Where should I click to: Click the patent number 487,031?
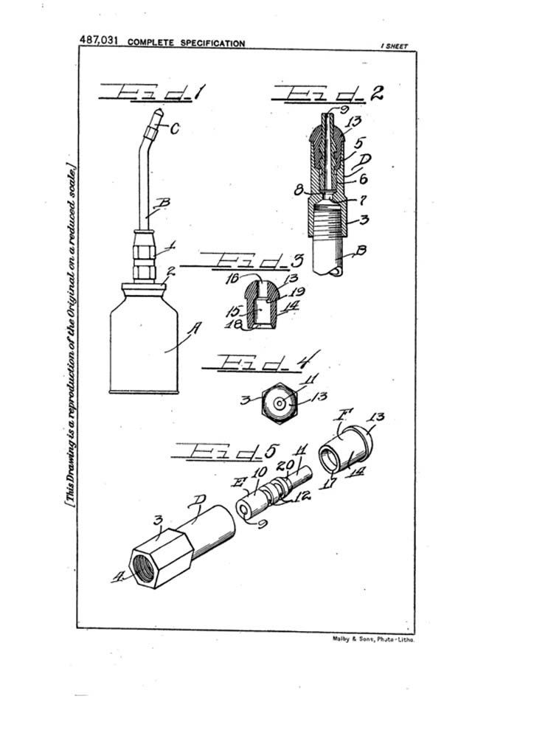tap(100, 41)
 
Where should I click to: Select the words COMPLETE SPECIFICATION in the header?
tap(186, 43)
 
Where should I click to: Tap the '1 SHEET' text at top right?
tap(394, 46)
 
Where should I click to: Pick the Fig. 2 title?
tap(328, 94)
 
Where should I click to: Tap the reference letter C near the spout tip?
tap(175, 129)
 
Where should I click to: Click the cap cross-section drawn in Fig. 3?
tap(262, 305)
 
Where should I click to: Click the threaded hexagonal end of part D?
tap(153, 563)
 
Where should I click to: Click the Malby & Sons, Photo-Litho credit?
tap(374, 640)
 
